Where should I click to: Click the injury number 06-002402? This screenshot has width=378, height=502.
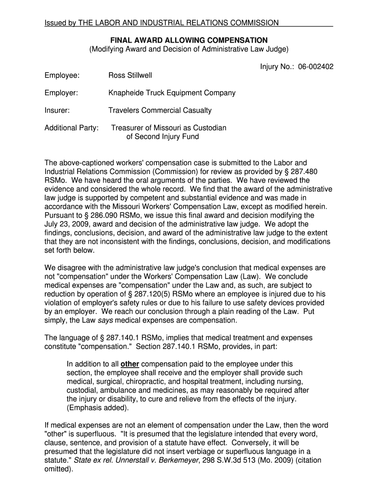315,66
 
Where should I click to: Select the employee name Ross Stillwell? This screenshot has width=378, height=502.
130,75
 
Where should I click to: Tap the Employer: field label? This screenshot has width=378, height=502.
61,93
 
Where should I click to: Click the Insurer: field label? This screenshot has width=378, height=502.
57,110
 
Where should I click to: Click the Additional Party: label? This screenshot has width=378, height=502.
72,128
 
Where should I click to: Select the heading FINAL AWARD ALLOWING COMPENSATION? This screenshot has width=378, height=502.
189,40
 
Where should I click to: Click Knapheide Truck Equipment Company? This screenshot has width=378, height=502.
172,93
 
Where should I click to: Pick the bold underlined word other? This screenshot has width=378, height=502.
130,364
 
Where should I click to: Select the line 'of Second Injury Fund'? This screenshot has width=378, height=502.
162,137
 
